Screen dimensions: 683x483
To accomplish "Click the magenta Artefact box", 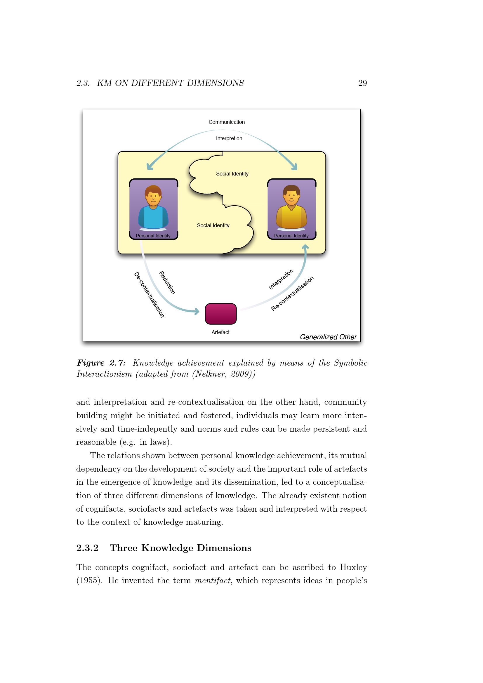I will point(221,314).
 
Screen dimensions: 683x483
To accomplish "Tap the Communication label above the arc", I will point(227,122).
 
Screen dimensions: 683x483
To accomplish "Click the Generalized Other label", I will point(328,337).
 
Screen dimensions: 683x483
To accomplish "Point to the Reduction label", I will point(167,283).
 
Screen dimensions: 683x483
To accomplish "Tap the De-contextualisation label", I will point(149,295).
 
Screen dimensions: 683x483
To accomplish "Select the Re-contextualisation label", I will point(292,293).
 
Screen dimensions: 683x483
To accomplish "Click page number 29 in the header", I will point(362,83).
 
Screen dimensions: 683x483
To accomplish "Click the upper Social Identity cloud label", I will point(232,174).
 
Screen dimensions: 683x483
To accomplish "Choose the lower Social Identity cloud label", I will point(213,225).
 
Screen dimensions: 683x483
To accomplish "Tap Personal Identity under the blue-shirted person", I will point(153,236).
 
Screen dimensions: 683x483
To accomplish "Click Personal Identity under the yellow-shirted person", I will point(291,236).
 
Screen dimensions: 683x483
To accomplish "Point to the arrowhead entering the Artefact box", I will point(197,312).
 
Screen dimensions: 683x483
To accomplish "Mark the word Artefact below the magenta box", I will point(220,332).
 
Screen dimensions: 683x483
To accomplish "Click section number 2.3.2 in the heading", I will point(87,548).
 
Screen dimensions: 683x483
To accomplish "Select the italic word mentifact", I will point(212,581).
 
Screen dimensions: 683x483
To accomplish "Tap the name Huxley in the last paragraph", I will point(353,567).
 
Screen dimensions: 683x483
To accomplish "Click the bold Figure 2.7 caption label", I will point(101,363).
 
